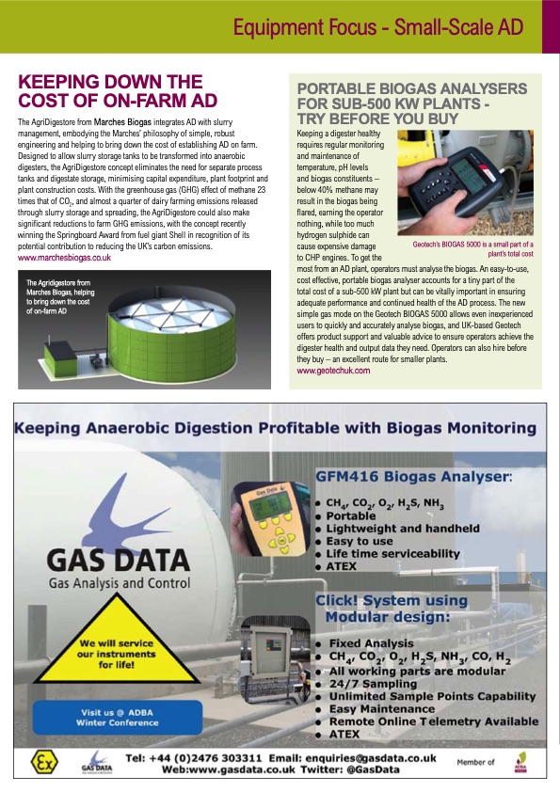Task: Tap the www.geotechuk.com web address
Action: [333, 371]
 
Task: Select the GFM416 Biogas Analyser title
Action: [414, 477]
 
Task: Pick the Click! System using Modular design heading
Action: [391, 609]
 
